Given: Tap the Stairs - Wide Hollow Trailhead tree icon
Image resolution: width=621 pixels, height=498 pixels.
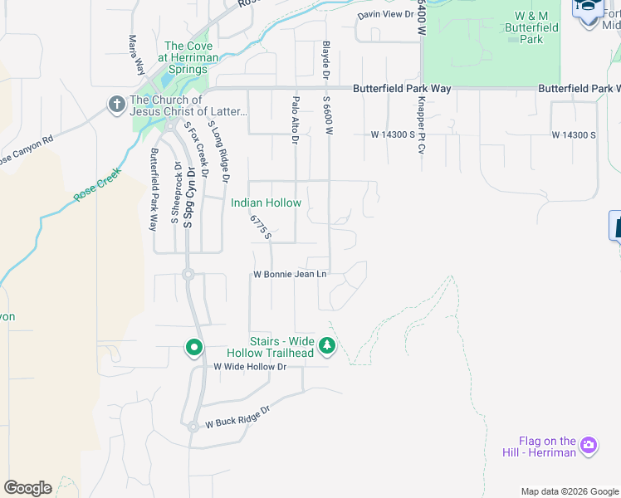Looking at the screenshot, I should click(327, 346).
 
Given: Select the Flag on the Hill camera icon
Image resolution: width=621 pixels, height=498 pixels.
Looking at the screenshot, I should click(589, 446).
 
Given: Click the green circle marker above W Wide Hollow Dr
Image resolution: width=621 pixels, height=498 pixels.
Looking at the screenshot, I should click(194, 347).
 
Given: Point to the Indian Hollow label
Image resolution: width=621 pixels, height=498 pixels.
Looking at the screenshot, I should click(266, 203).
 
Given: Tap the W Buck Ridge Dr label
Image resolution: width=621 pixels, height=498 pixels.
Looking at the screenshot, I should click(238, 417).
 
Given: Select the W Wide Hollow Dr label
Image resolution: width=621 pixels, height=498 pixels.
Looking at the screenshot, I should click(250, 366).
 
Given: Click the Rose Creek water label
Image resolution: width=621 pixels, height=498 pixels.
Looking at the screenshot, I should click(97, 185).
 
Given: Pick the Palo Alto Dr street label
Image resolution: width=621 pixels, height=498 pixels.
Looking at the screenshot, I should click(295, 120).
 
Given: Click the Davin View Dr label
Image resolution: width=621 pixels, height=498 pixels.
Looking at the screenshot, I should click(385, 15).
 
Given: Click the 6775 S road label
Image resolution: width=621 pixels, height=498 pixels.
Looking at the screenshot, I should click(261, 227).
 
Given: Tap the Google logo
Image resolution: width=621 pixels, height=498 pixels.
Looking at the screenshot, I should click(27, 488).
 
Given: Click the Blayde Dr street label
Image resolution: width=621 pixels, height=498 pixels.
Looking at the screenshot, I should click(325, 62).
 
